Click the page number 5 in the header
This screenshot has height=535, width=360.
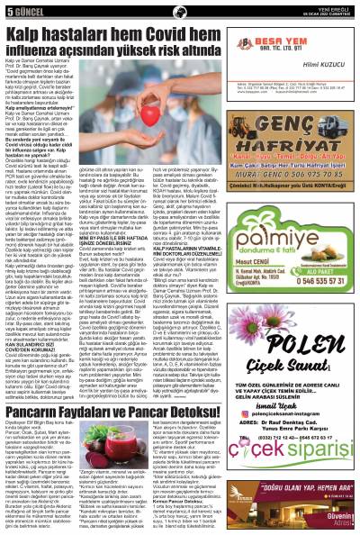click(x=9, y=8)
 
